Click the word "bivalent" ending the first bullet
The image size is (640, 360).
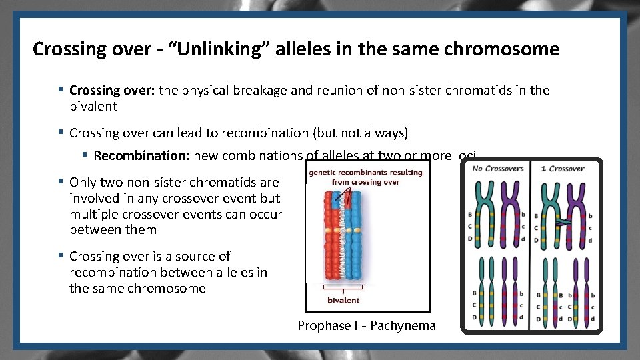pos(93,106)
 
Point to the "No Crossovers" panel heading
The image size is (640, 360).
pos(497,169)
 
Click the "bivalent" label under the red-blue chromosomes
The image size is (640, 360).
pos(343,301)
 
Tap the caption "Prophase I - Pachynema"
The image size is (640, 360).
pos(367,326)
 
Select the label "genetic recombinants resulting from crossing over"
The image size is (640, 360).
pos(365,177)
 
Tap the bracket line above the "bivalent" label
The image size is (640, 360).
pos(343,289)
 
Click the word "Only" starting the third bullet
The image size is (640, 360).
pos(83,182)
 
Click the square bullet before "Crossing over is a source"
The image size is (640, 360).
pos(61,256)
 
